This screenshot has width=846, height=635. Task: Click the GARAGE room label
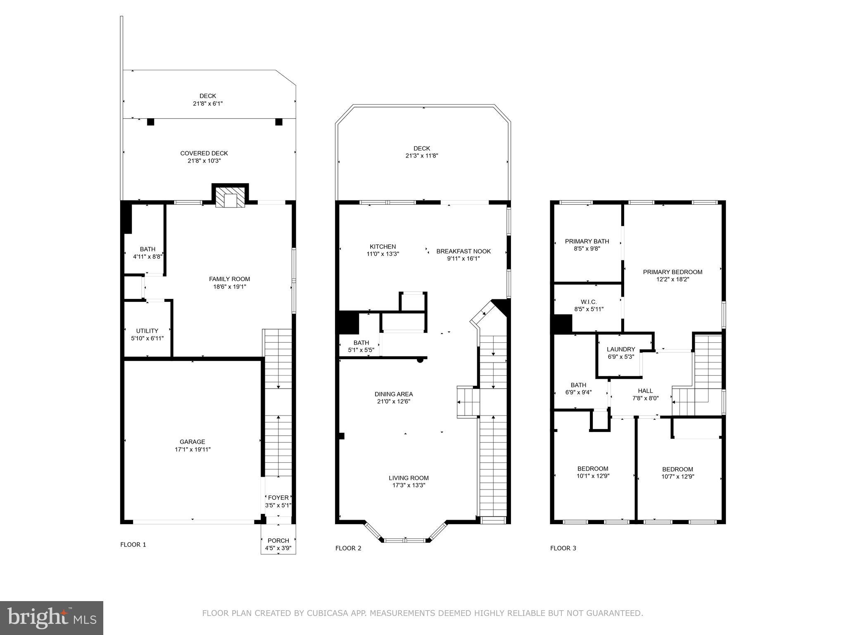(192, 442)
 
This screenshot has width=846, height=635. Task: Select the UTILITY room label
(147, 331)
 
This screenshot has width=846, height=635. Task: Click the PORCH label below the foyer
(278, 540)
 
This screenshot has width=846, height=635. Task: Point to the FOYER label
(278, 498)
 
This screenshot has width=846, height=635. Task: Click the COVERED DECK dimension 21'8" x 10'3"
(204, 161)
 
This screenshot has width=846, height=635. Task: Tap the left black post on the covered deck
(151, 122)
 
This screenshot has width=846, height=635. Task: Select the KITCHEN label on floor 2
(383, 246)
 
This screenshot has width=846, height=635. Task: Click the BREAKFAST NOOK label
(463, 251)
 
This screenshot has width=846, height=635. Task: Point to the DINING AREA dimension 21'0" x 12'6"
(394, 401)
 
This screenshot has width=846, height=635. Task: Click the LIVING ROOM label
(409, 478)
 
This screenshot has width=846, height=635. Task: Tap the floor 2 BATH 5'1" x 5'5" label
(361, 343)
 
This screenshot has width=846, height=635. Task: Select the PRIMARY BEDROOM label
(673, 272)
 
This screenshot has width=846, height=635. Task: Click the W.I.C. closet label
(589, 302)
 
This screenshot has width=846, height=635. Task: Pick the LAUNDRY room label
(621, 349)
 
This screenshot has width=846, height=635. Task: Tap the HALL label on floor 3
(645, 391)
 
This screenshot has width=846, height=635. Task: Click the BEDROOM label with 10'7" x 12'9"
(677, 469)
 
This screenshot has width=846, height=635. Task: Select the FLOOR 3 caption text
(563, 548)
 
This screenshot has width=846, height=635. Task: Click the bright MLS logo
(52, 618)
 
